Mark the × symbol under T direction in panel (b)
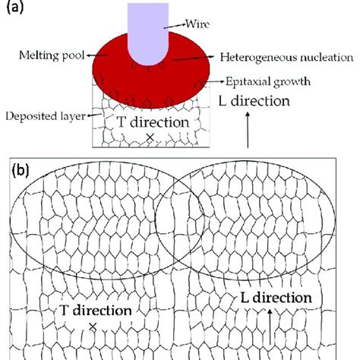(x=93, y=326)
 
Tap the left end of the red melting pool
(x=94, y=68)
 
